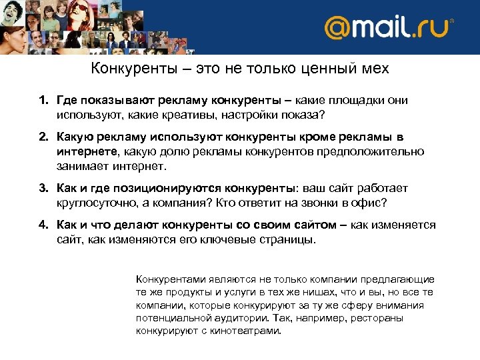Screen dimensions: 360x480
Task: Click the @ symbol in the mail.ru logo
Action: pyautogui.click(x=337, y=28)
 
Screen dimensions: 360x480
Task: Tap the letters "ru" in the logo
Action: pyautogui.click(x=433, y=29)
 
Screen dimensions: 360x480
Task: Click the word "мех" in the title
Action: pyautogui.click(x=374, y=69)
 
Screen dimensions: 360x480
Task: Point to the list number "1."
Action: pyautogui.click(x=42, y=100)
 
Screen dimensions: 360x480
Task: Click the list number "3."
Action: pyautogui.click(x=42, y=189)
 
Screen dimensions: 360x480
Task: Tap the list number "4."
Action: pyautogui.click(x=42, y=225)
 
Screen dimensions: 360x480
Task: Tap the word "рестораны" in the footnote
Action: pyautogui.click(x=379, y=318)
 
